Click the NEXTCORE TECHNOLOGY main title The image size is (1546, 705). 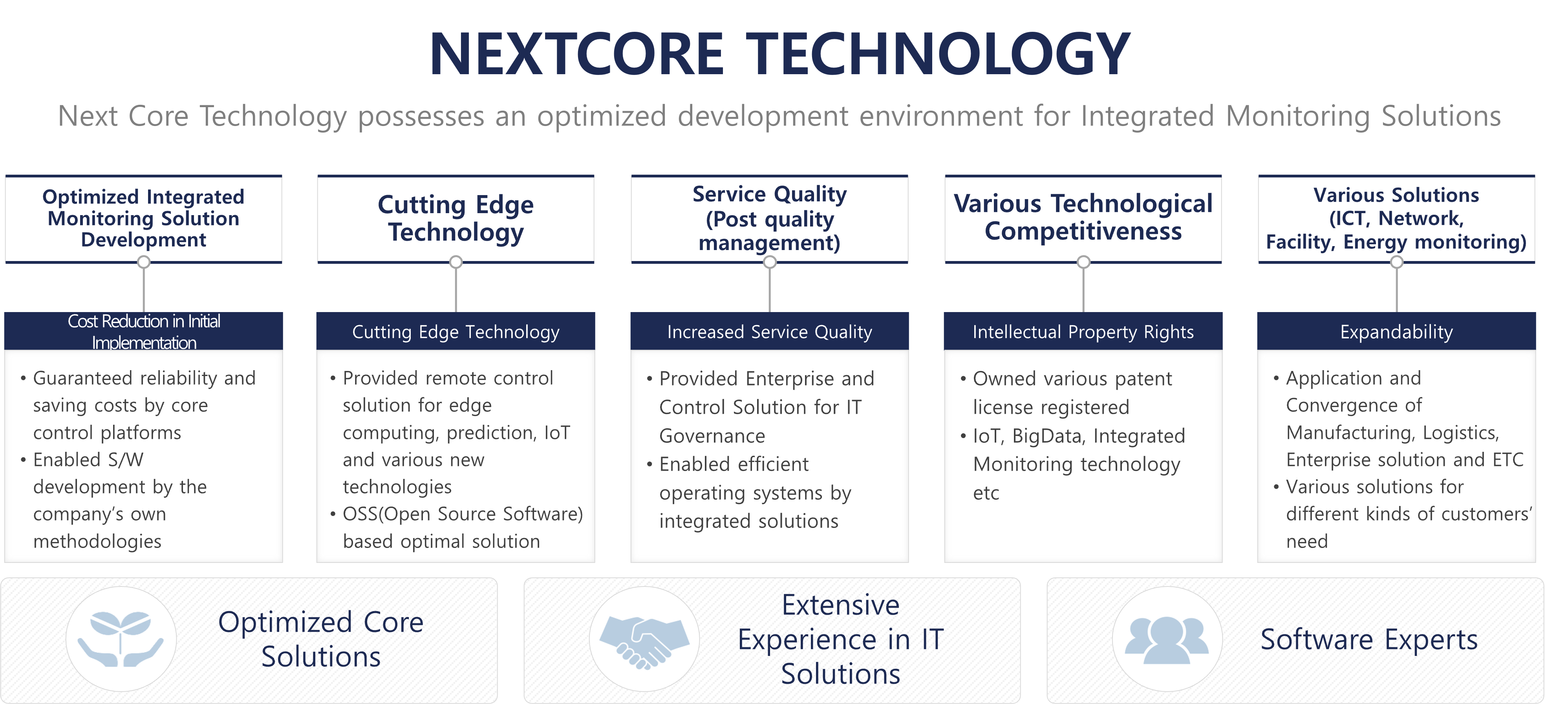tap(779, 54)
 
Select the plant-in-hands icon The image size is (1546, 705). tap(121, 638)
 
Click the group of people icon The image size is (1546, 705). tap(1167, 639)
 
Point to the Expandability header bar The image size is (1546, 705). tap(1396, 331)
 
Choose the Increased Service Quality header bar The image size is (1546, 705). tap(769, 331)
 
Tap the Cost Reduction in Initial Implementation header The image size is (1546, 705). tap(143, 331)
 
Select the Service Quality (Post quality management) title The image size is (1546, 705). tap(769, 218)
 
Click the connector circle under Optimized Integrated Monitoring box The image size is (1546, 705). tap(143, 262)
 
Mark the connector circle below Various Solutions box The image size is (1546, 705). tap(1396, 262)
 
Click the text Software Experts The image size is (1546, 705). tap(1369, 639)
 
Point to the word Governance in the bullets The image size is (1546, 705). tap(712, 436)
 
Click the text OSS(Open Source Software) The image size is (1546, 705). tap(463, 514)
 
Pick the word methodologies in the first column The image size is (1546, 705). tap(97, 542)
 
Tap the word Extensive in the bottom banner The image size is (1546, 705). tap(840, 605)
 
